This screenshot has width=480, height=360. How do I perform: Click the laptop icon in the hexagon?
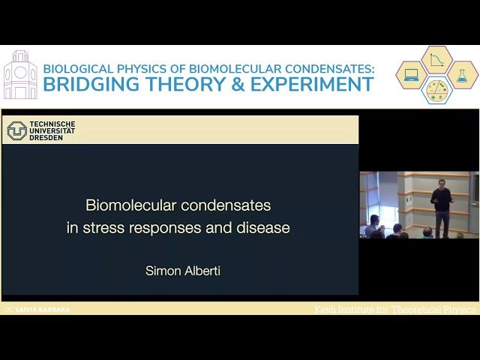click(x=411, y=75)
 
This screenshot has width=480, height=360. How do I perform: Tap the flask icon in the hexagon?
click(x=462, y=75)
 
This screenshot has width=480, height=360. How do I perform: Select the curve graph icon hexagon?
click(x=436, y=60)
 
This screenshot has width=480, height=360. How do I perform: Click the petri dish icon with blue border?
click(x=436, y=90)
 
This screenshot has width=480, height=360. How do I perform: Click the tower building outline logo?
click(x=19, y=75)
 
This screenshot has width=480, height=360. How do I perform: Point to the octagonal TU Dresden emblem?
click(x=16, y=130)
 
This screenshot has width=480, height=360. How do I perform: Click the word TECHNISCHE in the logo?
click(x=52, y=124)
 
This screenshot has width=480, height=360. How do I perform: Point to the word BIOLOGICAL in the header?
click(x=79, y=67)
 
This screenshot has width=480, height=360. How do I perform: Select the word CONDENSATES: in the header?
click(x=326, y=67)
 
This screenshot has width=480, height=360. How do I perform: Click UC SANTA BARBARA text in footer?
click(x=37, y=309)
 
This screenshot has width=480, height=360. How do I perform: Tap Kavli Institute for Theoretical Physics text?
click(x=394, y=309)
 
